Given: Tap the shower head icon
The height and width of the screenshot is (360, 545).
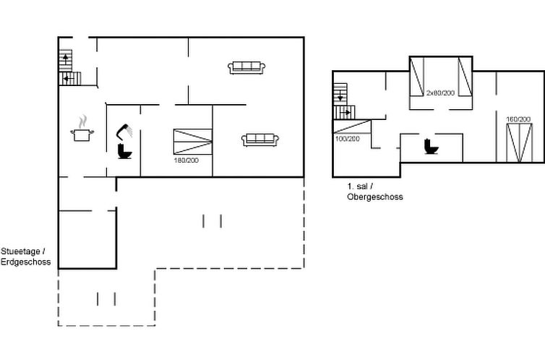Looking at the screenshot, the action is pyautogui.click(x=124, y=132).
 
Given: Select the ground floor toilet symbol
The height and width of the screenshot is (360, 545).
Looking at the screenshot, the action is pyautogui.click(x=124, y=151).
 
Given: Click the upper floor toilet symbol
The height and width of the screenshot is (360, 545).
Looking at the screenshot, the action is pyautogui.click(x=431, y=146).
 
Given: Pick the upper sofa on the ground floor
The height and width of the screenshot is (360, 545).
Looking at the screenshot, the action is pyautogui.click(x=246, y=67).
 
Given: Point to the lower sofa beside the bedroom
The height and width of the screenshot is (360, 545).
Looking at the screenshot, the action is pyautogui.click(x=260, y=140).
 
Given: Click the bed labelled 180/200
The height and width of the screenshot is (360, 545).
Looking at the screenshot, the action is pyautogui.click(x=193, y=142).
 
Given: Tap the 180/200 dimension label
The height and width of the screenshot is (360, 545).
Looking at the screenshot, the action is pyautogui.click(x=186, y=160).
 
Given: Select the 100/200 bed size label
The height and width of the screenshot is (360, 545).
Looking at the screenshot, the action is pyautogui.click(x=347, y=139).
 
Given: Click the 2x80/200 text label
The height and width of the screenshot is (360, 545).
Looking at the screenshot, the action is pyautogui.click(x=440, y=93).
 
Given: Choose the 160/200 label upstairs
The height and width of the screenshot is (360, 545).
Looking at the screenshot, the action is pyautogui.click(x=518, y=119).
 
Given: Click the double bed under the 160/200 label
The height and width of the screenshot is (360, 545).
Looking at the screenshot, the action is pyautogui.click(x=519, y=143).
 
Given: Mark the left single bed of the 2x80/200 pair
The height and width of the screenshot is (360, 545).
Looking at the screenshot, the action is pyautogui.click(x=417, y=77).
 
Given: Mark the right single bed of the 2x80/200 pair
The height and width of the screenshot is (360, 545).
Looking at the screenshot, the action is pyautogui.click(x=465, y=77).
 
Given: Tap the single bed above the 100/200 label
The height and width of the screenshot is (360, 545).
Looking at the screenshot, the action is pyautogui.click(x=352, y=127).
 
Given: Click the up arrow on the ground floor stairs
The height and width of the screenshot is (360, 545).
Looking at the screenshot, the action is pyautogui.click(x=65, y=59).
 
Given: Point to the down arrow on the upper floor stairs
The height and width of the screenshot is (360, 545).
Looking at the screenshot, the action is pyautogui.click(x=340, y=95).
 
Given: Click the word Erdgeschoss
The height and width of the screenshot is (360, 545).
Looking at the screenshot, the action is pyautogui.click(x=26, y=262).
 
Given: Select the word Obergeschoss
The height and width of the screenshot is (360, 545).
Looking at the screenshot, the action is pyautogui.click(x=375, y=197).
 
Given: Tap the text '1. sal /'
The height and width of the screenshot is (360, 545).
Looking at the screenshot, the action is pyautogui.click(x=360, y=187).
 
